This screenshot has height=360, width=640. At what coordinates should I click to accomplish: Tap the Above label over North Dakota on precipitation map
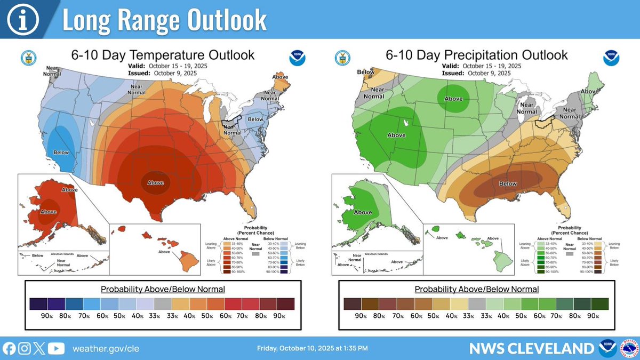453,99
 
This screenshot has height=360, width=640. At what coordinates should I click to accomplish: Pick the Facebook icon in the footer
9,348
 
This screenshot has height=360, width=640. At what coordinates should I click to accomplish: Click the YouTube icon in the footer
56,348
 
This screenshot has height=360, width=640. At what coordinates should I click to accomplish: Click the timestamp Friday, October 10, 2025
312,349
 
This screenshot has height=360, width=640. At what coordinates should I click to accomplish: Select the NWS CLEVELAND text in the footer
531,349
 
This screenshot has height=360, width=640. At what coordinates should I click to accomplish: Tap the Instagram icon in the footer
24,348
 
